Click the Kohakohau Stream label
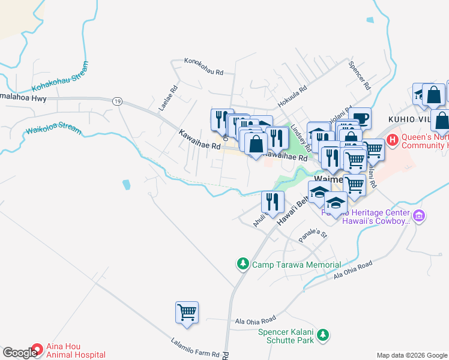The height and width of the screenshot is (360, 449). pyautogui.click(x=62, y=77)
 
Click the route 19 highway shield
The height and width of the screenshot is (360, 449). pyautogui.click(x=117, y=102)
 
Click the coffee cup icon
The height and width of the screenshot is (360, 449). pyautogui.click(x=360, y=118)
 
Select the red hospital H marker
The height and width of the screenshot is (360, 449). pyautogui.click(x=393, y=141)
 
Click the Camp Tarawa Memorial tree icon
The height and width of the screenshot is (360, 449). pyautogui.click(x=243, y=264)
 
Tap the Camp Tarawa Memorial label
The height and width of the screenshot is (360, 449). pyautogui.click(x=296, y=265)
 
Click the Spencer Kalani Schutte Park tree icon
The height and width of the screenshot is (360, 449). pyautogui.click(x=324, y=335)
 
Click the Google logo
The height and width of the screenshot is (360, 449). pyautogui.click(x=20, y=353)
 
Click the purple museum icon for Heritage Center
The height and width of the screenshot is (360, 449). pyautogui.click(x=419, y=215)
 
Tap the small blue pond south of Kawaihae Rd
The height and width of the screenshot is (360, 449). pyautogui.click(x=126, y=184)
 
